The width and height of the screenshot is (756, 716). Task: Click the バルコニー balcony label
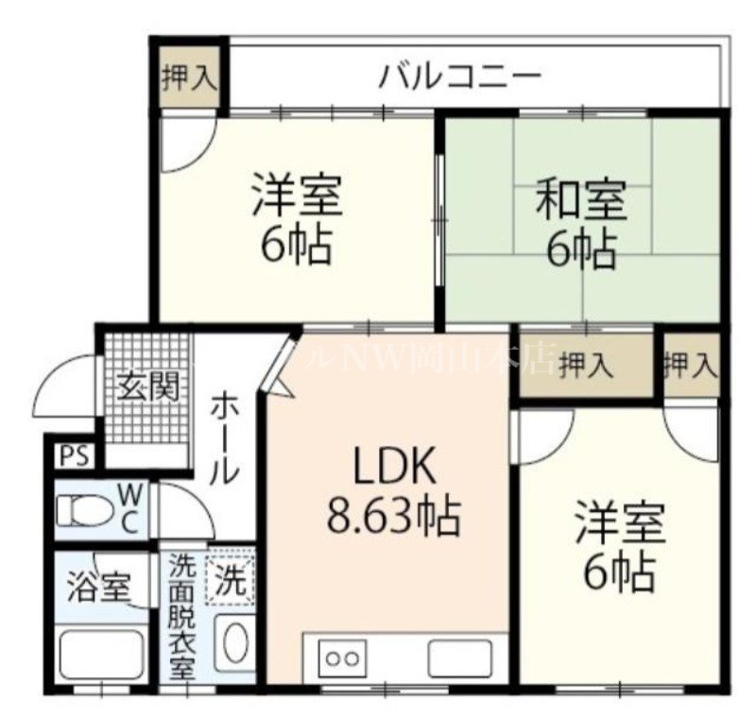(x=460, y=75)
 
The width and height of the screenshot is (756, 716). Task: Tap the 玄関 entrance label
(x=148, y=387)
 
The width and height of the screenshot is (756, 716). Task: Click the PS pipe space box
(x=73, y=456)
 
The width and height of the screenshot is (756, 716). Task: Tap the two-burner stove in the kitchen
(x=343, y=656)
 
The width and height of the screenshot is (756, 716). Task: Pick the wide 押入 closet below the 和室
(x=586, y=366)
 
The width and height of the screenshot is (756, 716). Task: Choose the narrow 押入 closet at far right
(x=691, y=365)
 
